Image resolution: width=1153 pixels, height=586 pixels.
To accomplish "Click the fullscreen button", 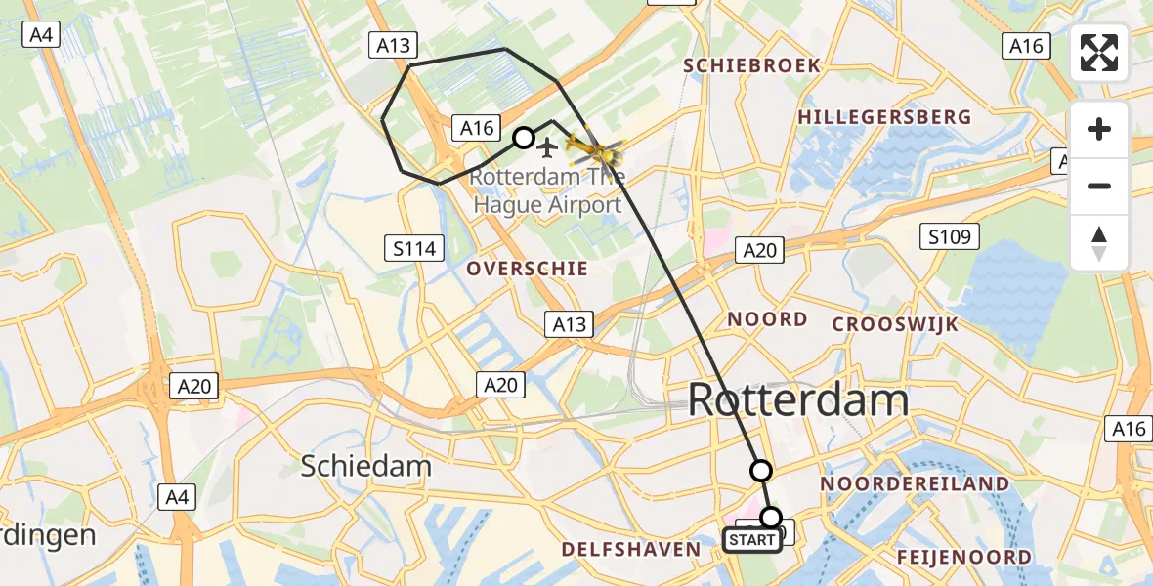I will (x=1099, y=53).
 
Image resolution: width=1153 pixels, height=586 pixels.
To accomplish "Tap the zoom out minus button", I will (x=1099, y=186).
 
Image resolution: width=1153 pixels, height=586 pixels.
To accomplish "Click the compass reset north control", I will (x=1099, y=242).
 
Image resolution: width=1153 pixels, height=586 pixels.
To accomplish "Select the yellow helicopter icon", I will (x=594, y=152).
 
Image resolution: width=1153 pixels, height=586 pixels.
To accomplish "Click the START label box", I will (x=752, y=540).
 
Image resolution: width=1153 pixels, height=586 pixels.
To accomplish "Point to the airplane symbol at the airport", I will (x=548, y=147).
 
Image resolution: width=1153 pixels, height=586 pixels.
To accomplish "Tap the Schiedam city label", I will (x=365, y=466).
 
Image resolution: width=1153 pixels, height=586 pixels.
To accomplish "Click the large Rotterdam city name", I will (x=798, y=400).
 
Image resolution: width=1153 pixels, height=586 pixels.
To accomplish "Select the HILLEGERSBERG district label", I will (x=884, y=117).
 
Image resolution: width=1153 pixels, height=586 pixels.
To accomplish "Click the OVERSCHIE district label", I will (x=527, y=269).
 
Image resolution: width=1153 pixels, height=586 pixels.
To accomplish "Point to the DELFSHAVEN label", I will (x=631, y=550).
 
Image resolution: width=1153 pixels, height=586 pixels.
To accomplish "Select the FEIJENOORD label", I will (x=964, y=558).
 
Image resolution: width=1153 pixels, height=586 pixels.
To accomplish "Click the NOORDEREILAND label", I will (x=915, y=484).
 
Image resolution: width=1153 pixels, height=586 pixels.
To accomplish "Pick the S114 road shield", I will (x=414, y=249).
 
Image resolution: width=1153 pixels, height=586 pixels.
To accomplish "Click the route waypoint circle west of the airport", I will (x=524, y=138).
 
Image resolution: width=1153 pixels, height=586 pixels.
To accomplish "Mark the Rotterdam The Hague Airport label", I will (x=547, y=191).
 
